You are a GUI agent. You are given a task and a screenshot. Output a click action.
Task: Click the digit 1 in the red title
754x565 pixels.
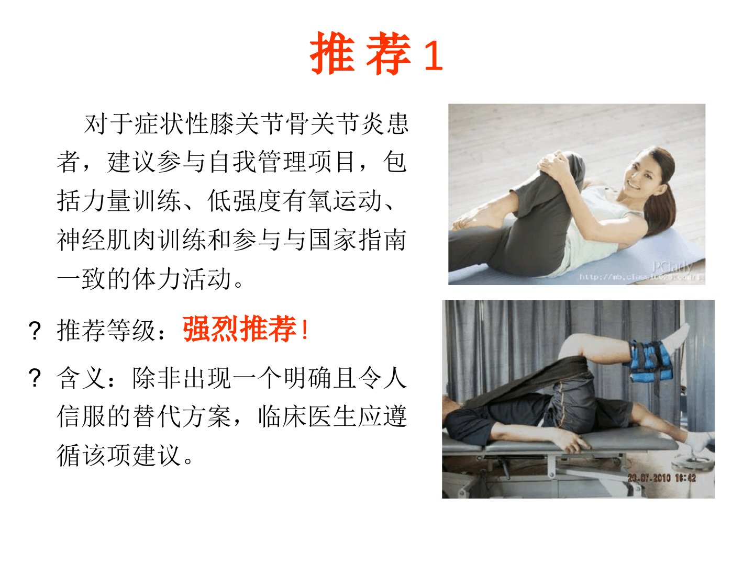(x=434, y=55)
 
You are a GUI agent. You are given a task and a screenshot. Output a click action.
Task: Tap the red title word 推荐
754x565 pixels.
(x=360, y=53)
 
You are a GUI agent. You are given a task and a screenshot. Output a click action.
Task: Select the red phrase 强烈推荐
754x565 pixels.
(x=239, y=329)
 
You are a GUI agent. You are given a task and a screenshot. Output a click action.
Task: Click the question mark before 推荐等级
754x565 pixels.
(x=35, y=330)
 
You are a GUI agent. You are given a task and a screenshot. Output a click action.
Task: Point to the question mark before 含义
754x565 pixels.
(x=35, y=378)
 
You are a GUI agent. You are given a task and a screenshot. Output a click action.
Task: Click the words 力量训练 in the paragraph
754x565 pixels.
(x=119, y=201)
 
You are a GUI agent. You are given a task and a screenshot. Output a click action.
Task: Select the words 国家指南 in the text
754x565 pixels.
(x=358, y=240)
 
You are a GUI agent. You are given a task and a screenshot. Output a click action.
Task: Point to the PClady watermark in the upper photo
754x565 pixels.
(x=672, y=266)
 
